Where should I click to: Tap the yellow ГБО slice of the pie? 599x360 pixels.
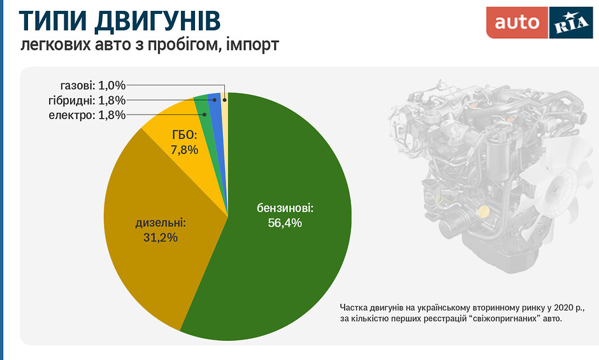click(184, 141)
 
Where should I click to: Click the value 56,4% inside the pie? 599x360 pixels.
click(285, 223)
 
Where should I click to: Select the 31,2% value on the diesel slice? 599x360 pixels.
click(161, 237)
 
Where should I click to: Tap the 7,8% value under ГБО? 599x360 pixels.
click(184, 150)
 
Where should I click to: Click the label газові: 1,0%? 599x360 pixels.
click(93, 85)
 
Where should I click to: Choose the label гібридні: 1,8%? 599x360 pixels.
click(87, 100)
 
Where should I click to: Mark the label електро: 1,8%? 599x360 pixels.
click(87, 115)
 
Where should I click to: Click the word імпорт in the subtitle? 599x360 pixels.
click(252, 45)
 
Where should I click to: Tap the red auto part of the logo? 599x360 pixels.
click(517, 22)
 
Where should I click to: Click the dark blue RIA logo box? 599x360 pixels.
click(571, 22)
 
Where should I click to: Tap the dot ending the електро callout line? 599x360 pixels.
click(205, 115)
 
